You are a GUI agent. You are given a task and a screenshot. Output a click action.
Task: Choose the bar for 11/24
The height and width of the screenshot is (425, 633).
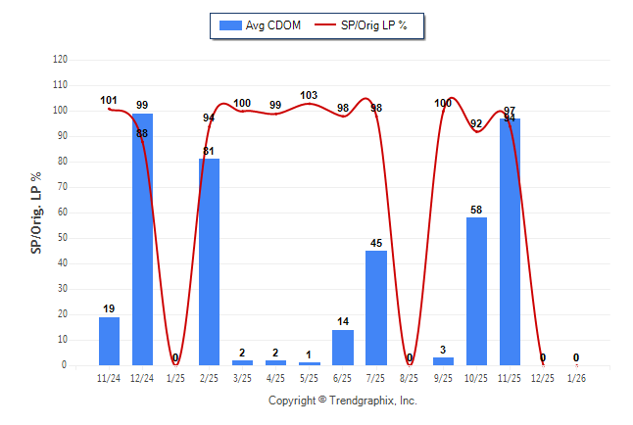point(109,341)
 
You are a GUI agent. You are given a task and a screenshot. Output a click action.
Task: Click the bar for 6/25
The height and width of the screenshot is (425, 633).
point(343,348)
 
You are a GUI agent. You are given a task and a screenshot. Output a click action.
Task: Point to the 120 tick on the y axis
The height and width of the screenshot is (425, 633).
point(60,60)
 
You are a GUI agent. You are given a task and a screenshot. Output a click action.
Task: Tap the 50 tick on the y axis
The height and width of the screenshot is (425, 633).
point(63,238)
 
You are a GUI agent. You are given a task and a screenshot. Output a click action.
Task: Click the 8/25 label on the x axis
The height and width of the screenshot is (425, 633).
point(410,377)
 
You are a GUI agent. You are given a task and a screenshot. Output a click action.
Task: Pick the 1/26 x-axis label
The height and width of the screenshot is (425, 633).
point(576,377)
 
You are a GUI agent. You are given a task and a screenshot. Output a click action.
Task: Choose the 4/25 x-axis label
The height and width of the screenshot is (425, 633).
point(275,377)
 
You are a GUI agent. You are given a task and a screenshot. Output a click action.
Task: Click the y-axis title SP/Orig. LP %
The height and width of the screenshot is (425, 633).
point(36,212)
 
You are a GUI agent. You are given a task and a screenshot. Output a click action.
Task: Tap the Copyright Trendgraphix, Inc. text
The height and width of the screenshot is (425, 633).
point(343,401)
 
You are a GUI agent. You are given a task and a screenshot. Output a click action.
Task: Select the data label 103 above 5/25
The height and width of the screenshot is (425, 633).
point(310,95)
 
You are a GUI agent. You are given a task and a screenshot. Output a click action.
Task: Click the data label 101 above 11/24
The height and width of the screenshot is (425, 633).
point(109,100)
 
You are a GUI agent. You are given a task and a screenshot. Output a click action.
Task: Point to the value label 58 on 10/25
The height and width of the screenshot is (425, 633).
point(476,210)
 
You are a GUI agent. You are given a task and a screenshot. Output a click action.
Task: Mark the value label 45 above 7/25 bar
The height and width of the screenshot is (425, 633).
point(376,243)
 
